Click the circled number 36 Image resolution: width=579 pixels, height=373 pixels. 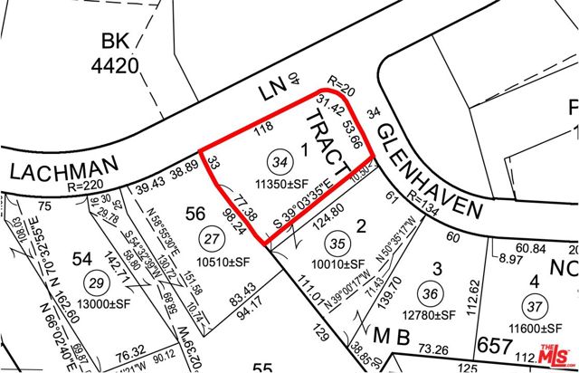[x=432, y=292]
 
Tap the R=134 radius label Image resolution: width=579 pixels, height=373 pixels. [x=428, y=201]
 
